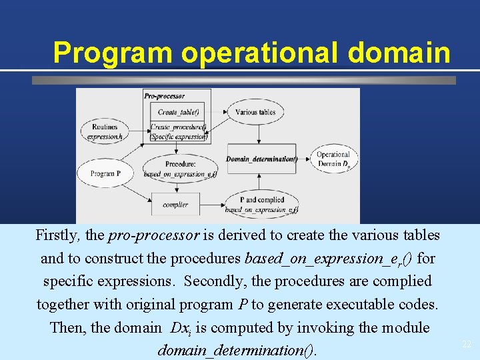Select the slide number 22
pos(467,344)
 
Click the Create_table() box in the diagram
pos(178,112)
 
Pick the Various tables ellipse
pos(255,112)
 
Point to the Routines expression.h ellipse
pos(105,131)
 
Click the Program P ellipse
pos(105,173)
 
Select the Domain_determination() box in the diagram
pos(261,159)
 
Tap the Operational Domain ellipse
pos(333,159)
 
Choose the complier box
pos(175,204)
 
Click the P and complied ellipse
pos(261,204)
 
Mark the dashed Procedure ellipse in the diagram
pos(179,169)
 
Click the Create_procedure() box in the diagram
pos(178,131)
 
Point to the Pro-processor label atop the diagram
pos(164,96)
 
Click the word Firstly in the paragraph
pos(58,235)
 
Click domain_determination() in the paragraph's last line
pos(237,350)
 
